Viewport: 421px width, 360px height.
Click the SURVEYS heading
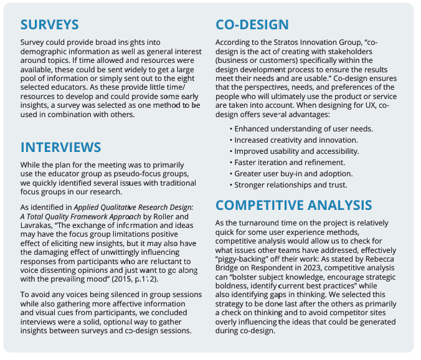pos(50,25)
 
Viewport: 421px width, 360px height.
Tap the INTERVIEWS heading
pos(60,147)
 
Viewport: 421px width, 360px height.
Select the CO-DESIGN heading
pos(252,25)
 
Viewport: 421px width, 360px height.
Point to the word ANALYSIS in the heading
pos(346,206)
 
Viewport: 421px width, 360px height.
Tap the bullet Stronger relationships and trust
pos(290,185)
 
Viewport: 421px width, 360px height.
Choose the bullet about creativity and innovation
pos(296,140)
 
